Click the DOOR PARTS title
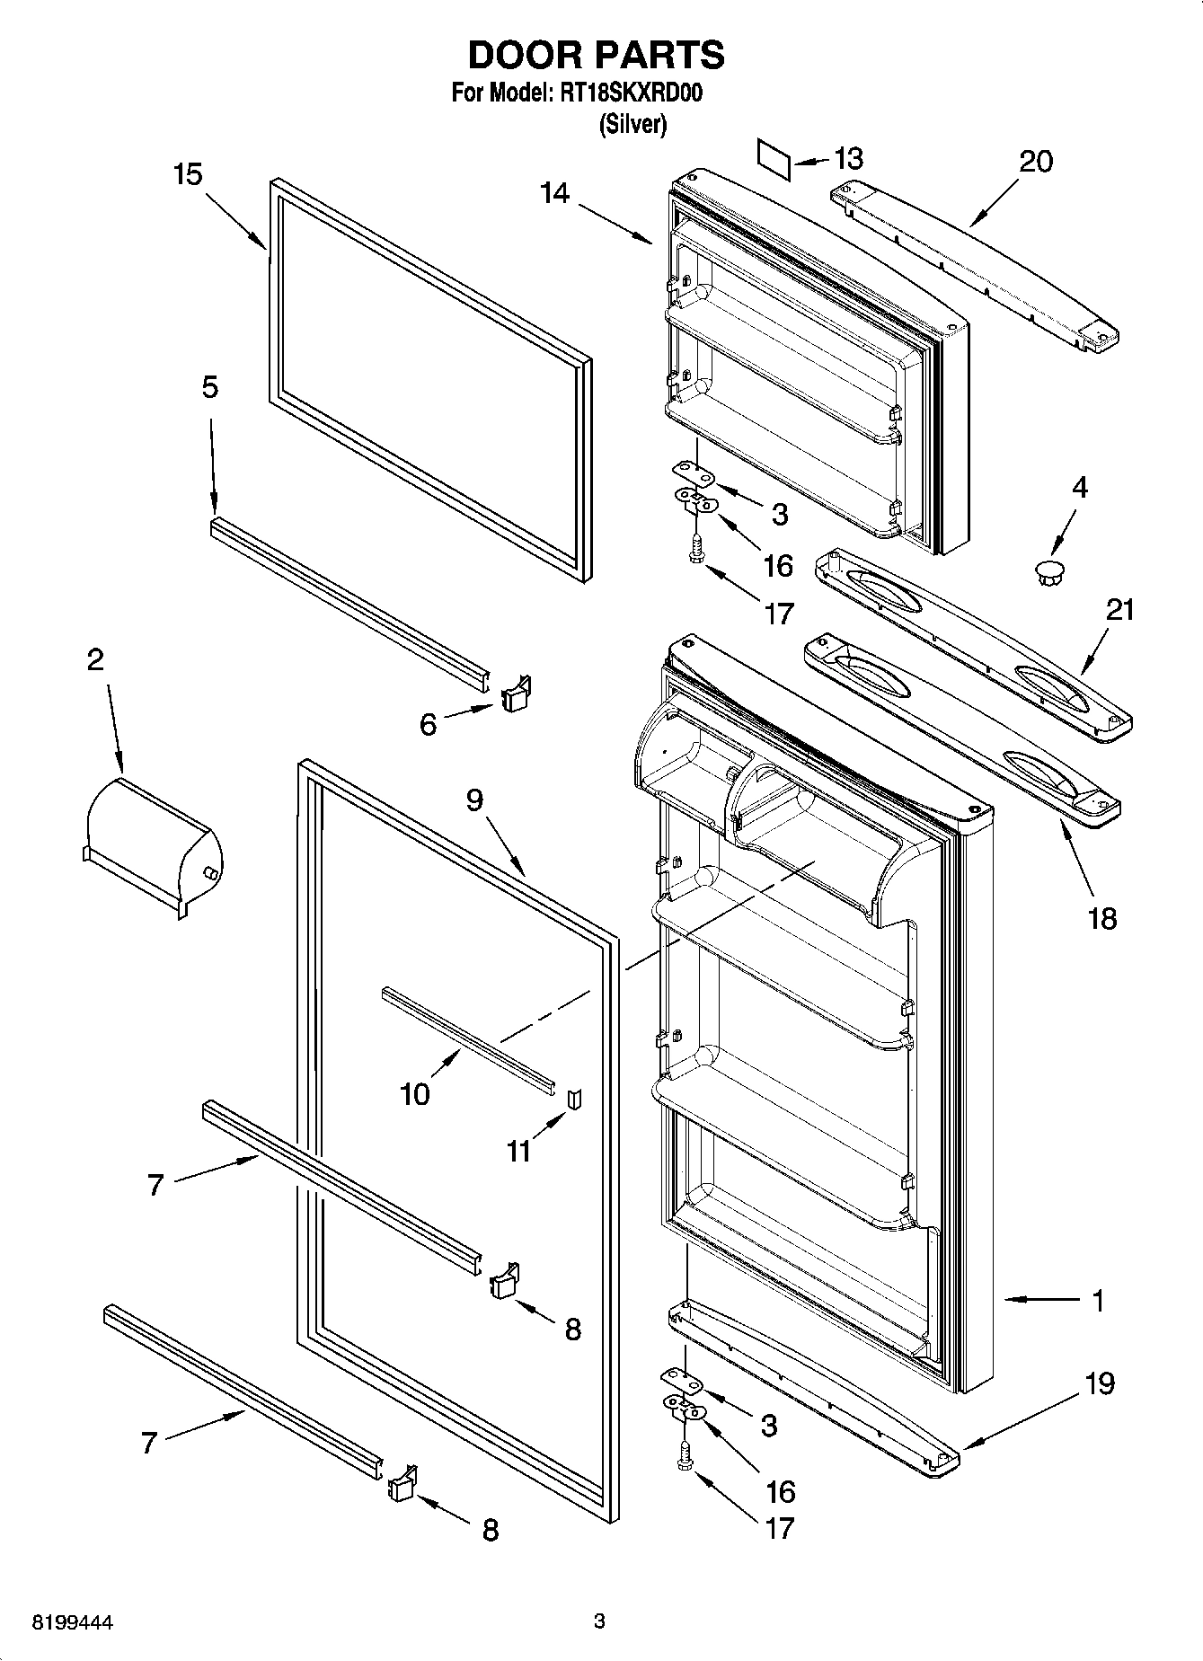point(596,55)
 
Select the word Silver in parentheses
point(633,124)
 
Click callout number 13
point(847,159)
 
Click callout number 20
point(1036,162)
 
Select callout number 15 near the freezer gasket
point(188,174)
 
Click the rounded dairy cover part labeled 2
point(153,844)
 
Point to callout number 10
point(415,1094)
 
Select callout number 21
point(1119,610)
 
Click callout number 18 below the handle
point(1101,918)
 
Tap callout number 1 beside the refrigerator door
point(1098,1300)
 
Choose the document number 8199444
point(73,1621)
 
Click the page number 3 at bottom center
point(599,1621)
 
